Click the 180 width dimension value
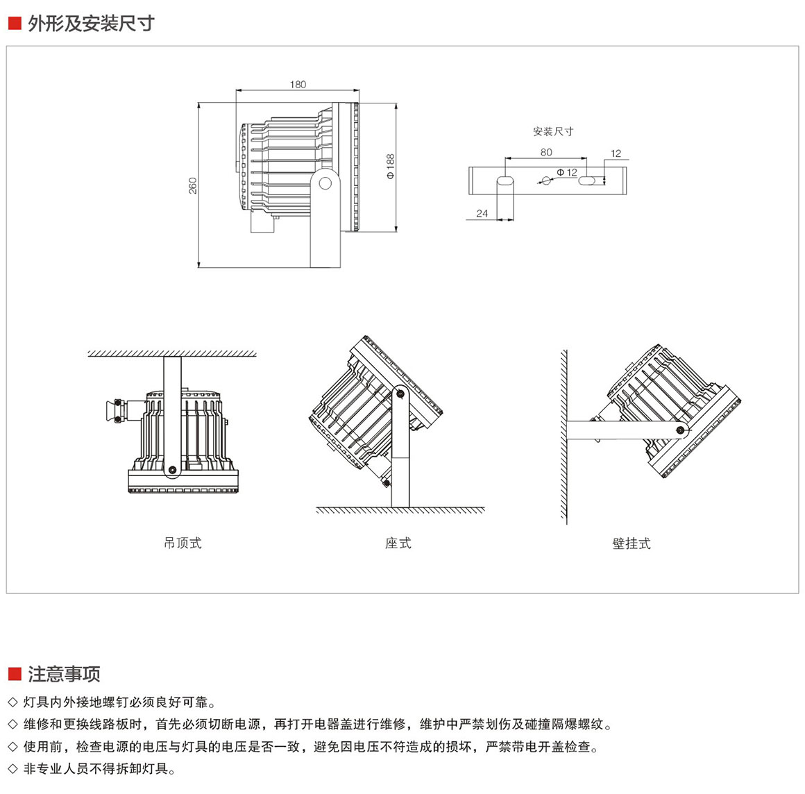pos(297,85)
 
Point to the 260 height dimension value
pos(193,185)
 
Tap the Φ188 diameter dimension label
pos(390,167)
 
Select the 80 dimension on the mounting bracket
pos(546,152)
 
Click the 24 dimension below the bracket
pos(482,214)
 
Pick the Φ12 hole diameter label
pos(567,172)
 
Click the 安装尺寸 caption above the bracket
pos(553,131)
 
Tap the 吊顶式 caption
pos(183,543)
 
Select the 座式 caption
pos(398,543)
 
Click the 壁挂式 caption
pos(632,543)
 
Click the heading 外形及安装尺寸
pos(91,24)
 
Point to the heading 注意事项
pos(65,673)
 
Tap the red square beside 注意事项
pos(14,674)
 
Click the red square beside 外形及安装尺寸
pos(14,24)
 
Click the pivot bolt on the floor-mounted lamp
pos(400,394)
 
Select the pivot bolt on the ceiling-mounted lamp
pos(171,469)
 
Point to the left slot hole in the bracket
pos(505,180)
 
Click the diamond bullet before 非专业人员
pos(12,768)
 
